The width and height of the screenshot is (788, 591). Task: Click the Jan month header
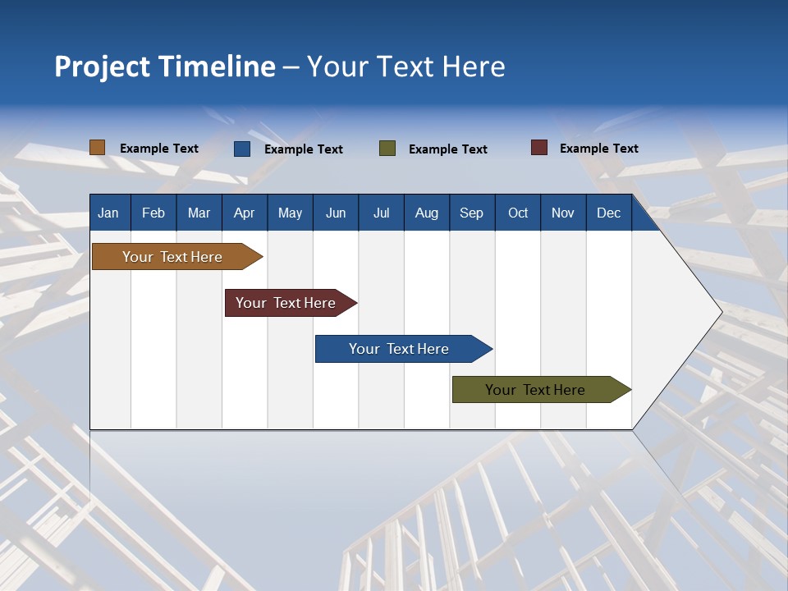[x=108, y=213]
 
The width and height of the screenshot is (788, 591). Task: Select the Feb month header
[x=153, y=213]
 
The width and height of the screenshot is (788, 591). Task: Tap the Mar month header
[x=199, y=213]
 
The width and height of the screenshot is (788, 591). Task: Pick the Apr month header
[x=244, y=213]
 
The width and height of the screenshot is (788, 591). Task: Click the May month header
[x=290, y=213]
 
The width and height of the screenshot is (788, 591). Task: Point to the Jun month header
[x=336, y=213]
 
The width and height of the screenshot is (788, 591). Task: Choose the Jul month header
[x=381, y=213]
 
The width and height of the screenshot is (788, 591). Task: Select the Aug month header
[x=426, y=213]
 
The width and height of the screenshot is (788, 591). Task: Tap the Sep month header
[x=471, y=213]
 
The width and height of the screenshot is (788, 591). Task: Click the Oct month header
[x=518, y=213]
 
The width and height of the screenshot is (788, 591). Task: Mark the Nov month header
[x=562, y=213]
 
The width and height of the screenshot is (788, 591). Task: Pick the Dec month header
[x=608, y=213]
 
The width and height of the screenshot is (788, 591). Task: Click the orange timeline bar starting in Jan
[x=173, y=257]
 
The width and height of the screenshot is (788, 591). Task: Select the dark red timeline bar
[x=286, y=303]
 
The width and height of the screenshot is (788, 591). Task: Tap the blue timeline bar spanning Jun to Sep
[x=400, y=349]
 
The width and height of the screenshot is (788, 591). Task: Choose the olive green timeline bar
[x=536, y=390]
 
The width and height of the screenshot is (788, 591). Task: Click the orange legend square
[x=97, y=148]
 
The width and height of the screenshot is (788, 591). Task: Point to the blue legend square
[x=241, y=149]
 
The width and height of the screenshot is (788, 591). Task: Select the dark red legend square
[x=538, y=148]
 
